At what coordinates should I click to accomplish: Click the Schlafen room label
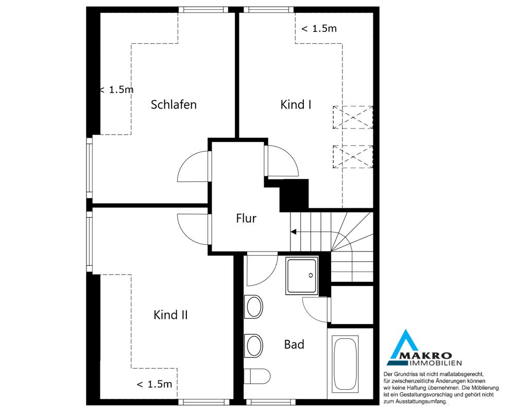[x=174, y=104]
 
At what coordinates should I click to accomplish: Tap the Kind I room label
[x=296, y=104]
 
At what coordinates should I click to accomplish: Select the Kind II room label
[x=170, y=315]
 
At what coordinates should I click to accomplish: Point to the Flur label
[x=246, y=219]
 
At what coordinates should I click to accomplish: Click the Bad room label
[x=294, y=345]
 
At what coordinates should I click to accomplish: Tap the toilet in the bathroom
[x=257, y=376]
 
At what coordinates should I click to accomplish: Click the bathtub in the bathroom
[x=345, y=364]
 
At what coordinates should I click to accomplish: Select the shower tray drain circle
[x=311, y=276]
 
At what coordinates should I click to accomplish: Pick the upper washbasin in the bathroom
[x=253, y=306]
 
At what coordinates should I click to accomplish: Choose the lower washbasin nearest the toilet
[x=253, y=346]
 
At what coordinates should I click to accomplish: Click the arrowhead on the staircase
[x=294, y=232]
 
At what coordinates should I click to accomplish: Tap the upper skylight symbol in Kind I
[x=353, y=117]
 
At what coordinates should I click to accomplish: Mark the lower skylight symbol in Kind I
[x=353, y=157]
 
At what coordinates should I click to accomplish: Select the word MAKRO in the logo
[x=431, y=356]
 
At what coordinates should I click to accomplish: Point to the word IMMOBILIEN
[x=436, y=363]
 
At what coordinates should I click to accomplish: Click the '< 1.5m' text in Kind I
[x=319, y=29]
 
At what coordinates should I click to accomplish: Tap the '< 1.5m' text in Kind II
[x=154, y=384]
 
